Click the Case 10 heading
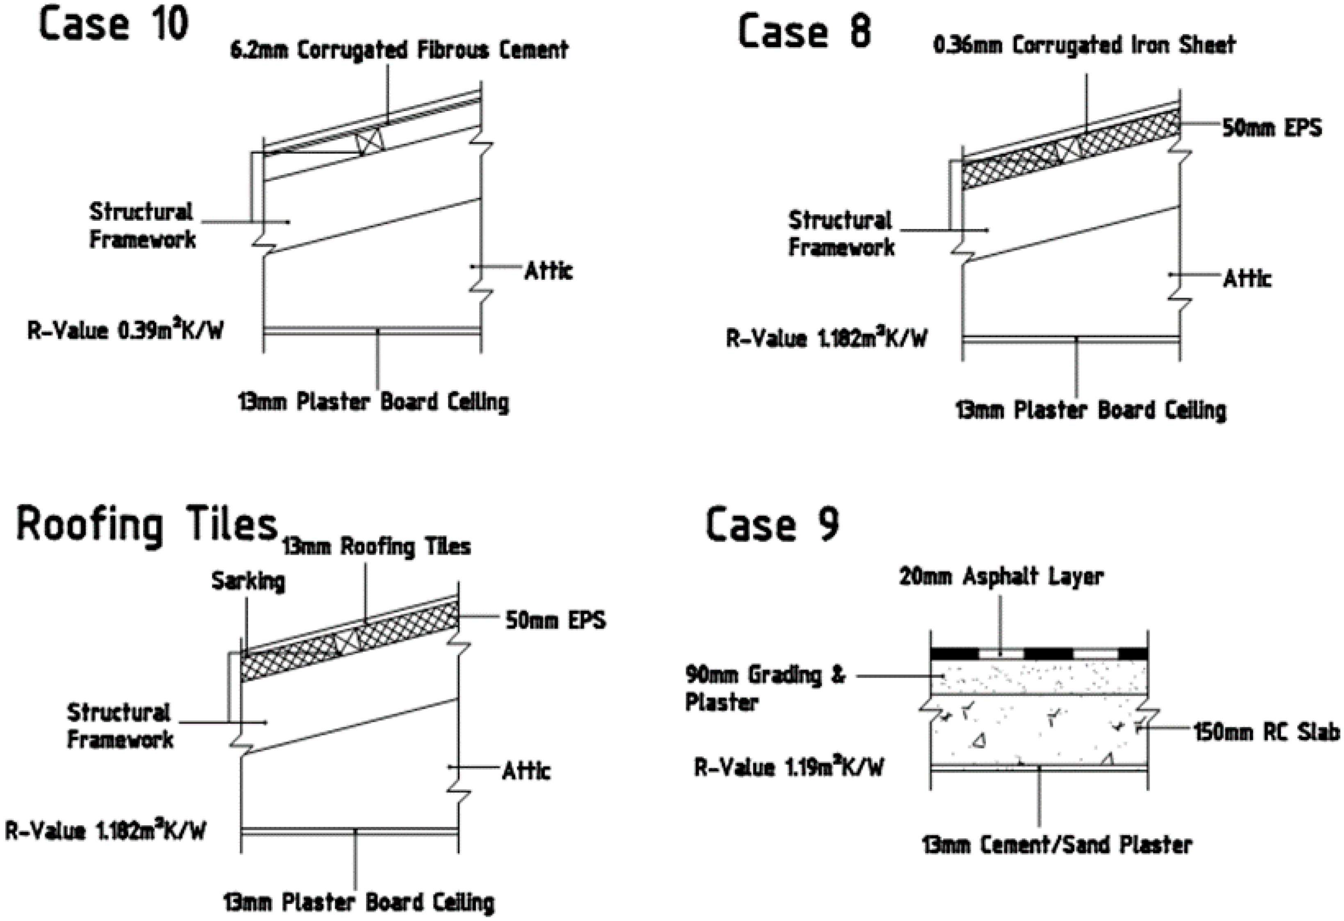114,24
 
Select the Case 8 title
804,32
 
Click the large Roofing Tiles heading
147,525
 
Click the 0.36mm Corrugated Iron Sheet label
1084,45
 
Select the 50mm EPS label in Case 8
1271,128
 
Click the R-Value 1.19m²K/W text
789,767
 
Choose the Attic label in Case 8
1247,279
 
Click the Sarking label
248,581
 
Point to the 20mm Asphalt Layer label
1001,576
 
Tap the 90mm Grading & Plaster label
764,688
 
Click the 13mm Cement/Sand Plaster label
1057,845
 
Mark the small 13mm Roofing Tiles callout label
376,547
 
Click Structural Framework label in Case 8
841,234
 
